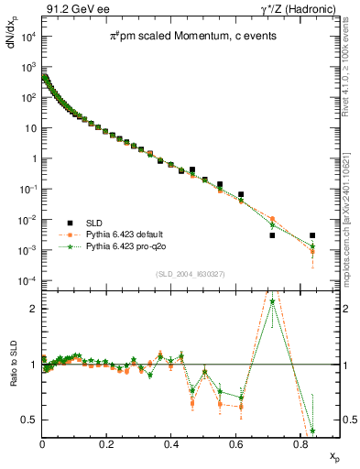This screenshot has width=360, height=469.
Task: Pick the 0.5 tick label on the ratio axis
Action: tap(30, 420)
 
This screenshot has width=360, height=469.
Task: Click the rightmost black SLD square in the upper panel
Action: tap(312, 235)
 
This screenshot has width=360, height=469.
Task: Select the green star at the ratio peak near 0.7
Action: tap(272, 301)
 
